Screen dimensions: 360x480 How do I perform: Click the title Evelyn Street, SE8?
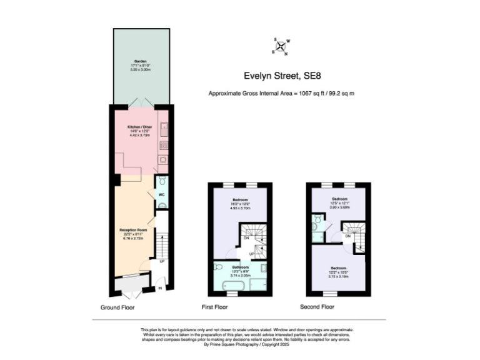[x=281, y=77]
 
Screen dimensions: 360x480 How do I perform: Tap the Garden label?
[x=140, y=62]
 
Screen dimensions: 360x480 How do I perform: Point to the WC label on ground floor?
[x=161, y=195]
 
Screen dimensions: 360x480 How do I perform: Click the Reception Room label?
[x=133, y=230]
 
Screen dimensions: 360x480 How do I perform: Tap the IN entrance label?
[x=161, y=288]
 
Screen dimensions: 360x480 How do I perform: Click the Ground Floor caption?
[x=117, y=307]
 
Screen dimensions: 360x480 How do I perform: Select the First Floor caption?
[x=214, y=307]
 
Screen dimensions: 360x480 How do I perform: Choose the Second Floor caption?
[x=317, y=307]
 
